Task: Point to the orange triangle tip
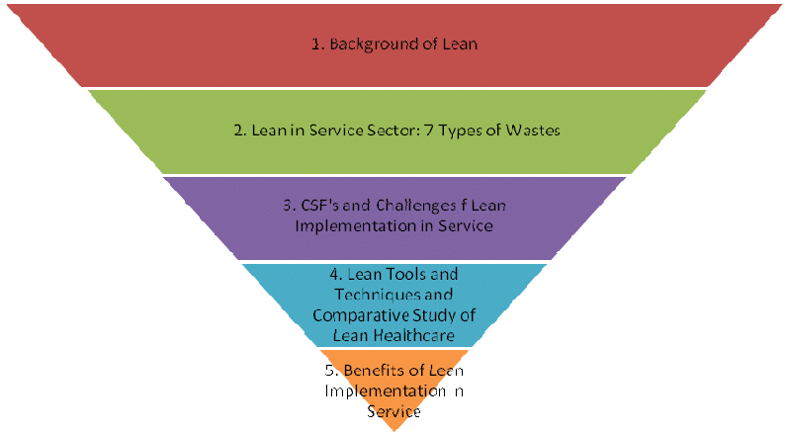pos(393,415)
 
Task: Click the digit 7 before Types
pos(429,130)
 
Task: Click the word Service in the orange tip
pos(393,410)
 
